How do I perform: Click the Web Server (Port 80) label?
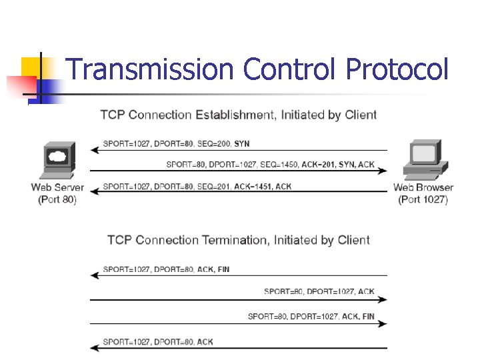[x=58, y=193]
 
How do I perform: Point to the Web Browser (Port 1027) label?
[x=423, y=193]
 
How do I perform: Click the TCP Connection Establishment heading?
[x=238, y=115]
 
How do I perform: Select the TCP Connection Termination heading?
[x=238, y=240]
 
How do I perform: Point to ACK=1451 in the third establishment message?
[x=251, y=187]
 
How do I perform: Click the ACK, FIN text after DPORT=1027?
[x=358, y=316]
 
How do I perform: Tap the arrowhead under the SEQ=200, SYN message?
[x=94, y=150]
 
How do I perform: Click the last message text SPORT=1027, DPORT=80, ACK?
[x=158, y=342]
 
